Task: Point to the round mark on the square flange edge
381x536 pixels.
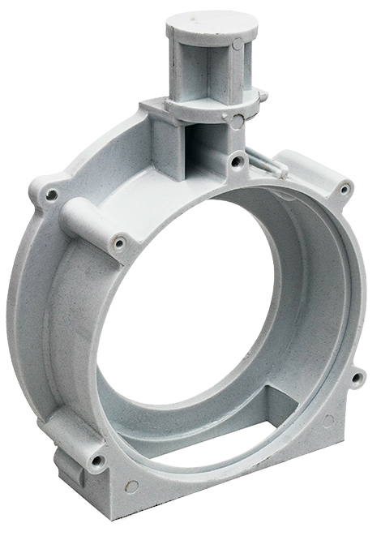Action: click(236, 123)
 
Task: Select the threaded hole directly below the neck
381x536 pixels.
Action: click(237, 162)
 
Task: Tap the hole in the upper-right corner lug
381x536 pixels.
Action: click(345, 190)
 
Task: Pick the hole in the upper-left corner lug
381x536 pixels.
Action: click(51, 195)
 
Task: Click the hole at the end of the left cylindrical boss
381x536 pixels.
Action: click(120, 242)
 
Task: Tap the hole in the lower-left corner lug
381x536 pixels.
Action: click(96, 461)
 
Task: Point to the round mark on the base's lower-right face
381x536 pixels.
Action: click(328, 420)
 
